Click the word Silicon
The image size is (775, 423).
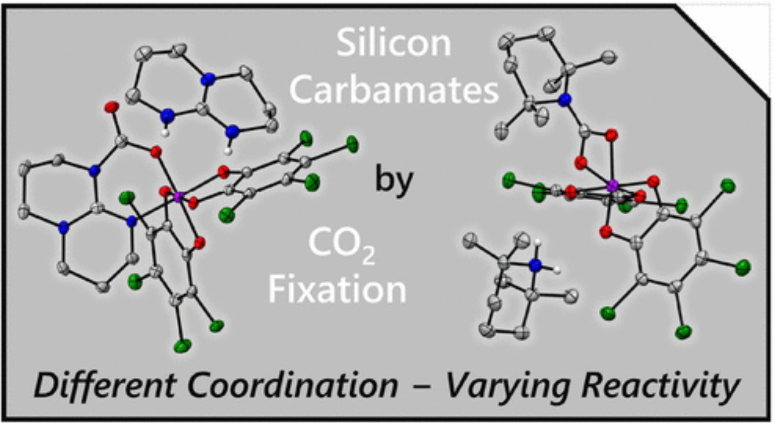pyautogui.click(x=394, y=43)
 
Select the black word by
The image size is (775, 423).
pyautogui.click(x=394, y=180)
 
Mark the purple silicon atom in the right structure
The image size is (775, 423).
pyautogui.click(x=613, y=186)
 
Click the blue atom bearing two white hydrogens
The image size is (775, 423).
pyautogui.click(x=536, y=265)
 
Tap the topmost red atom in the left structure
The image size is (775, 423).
pyautogui.click(x=112, y=107)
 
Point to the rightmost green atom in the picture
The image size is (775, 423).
pyautogui.click(x=744, y=267)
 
